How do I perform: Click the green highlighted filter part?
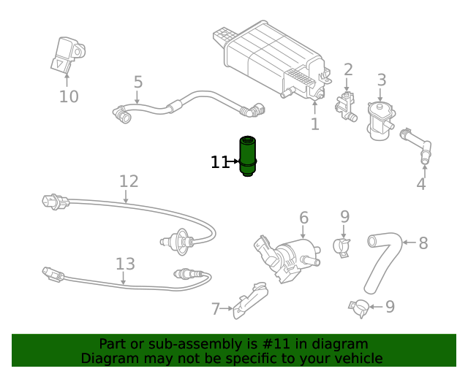point(249,156)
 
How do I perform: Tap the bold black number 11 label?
point(220,162)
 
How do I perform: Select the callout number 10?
point(69,96)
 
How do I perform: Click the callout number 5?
point(138,83)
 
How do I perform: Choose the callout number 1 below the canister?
point(314,124)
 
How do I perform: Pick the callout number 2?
point(348,69)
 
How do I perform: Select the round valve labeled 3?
point(380,121)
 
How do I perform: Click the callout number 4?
point(421,184)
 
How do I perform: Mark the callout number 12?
point(128,181)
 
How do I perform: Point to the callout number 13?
point(125,264)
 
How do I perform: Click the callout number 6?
point(303,218)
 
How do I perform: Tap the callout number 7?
point(216,309)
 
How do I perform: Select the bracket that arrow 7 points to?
point(249,301)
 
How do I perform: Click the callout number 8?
point(423,243)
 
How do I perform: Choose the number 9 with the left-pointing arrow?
point(390,307)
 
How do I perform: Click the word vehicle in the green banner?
point(354,358)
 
